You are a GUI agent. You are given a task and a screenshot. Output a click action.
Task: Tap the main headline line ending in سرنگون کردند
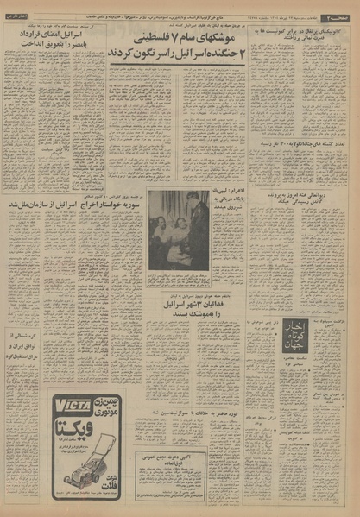[x=176, y=54]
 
